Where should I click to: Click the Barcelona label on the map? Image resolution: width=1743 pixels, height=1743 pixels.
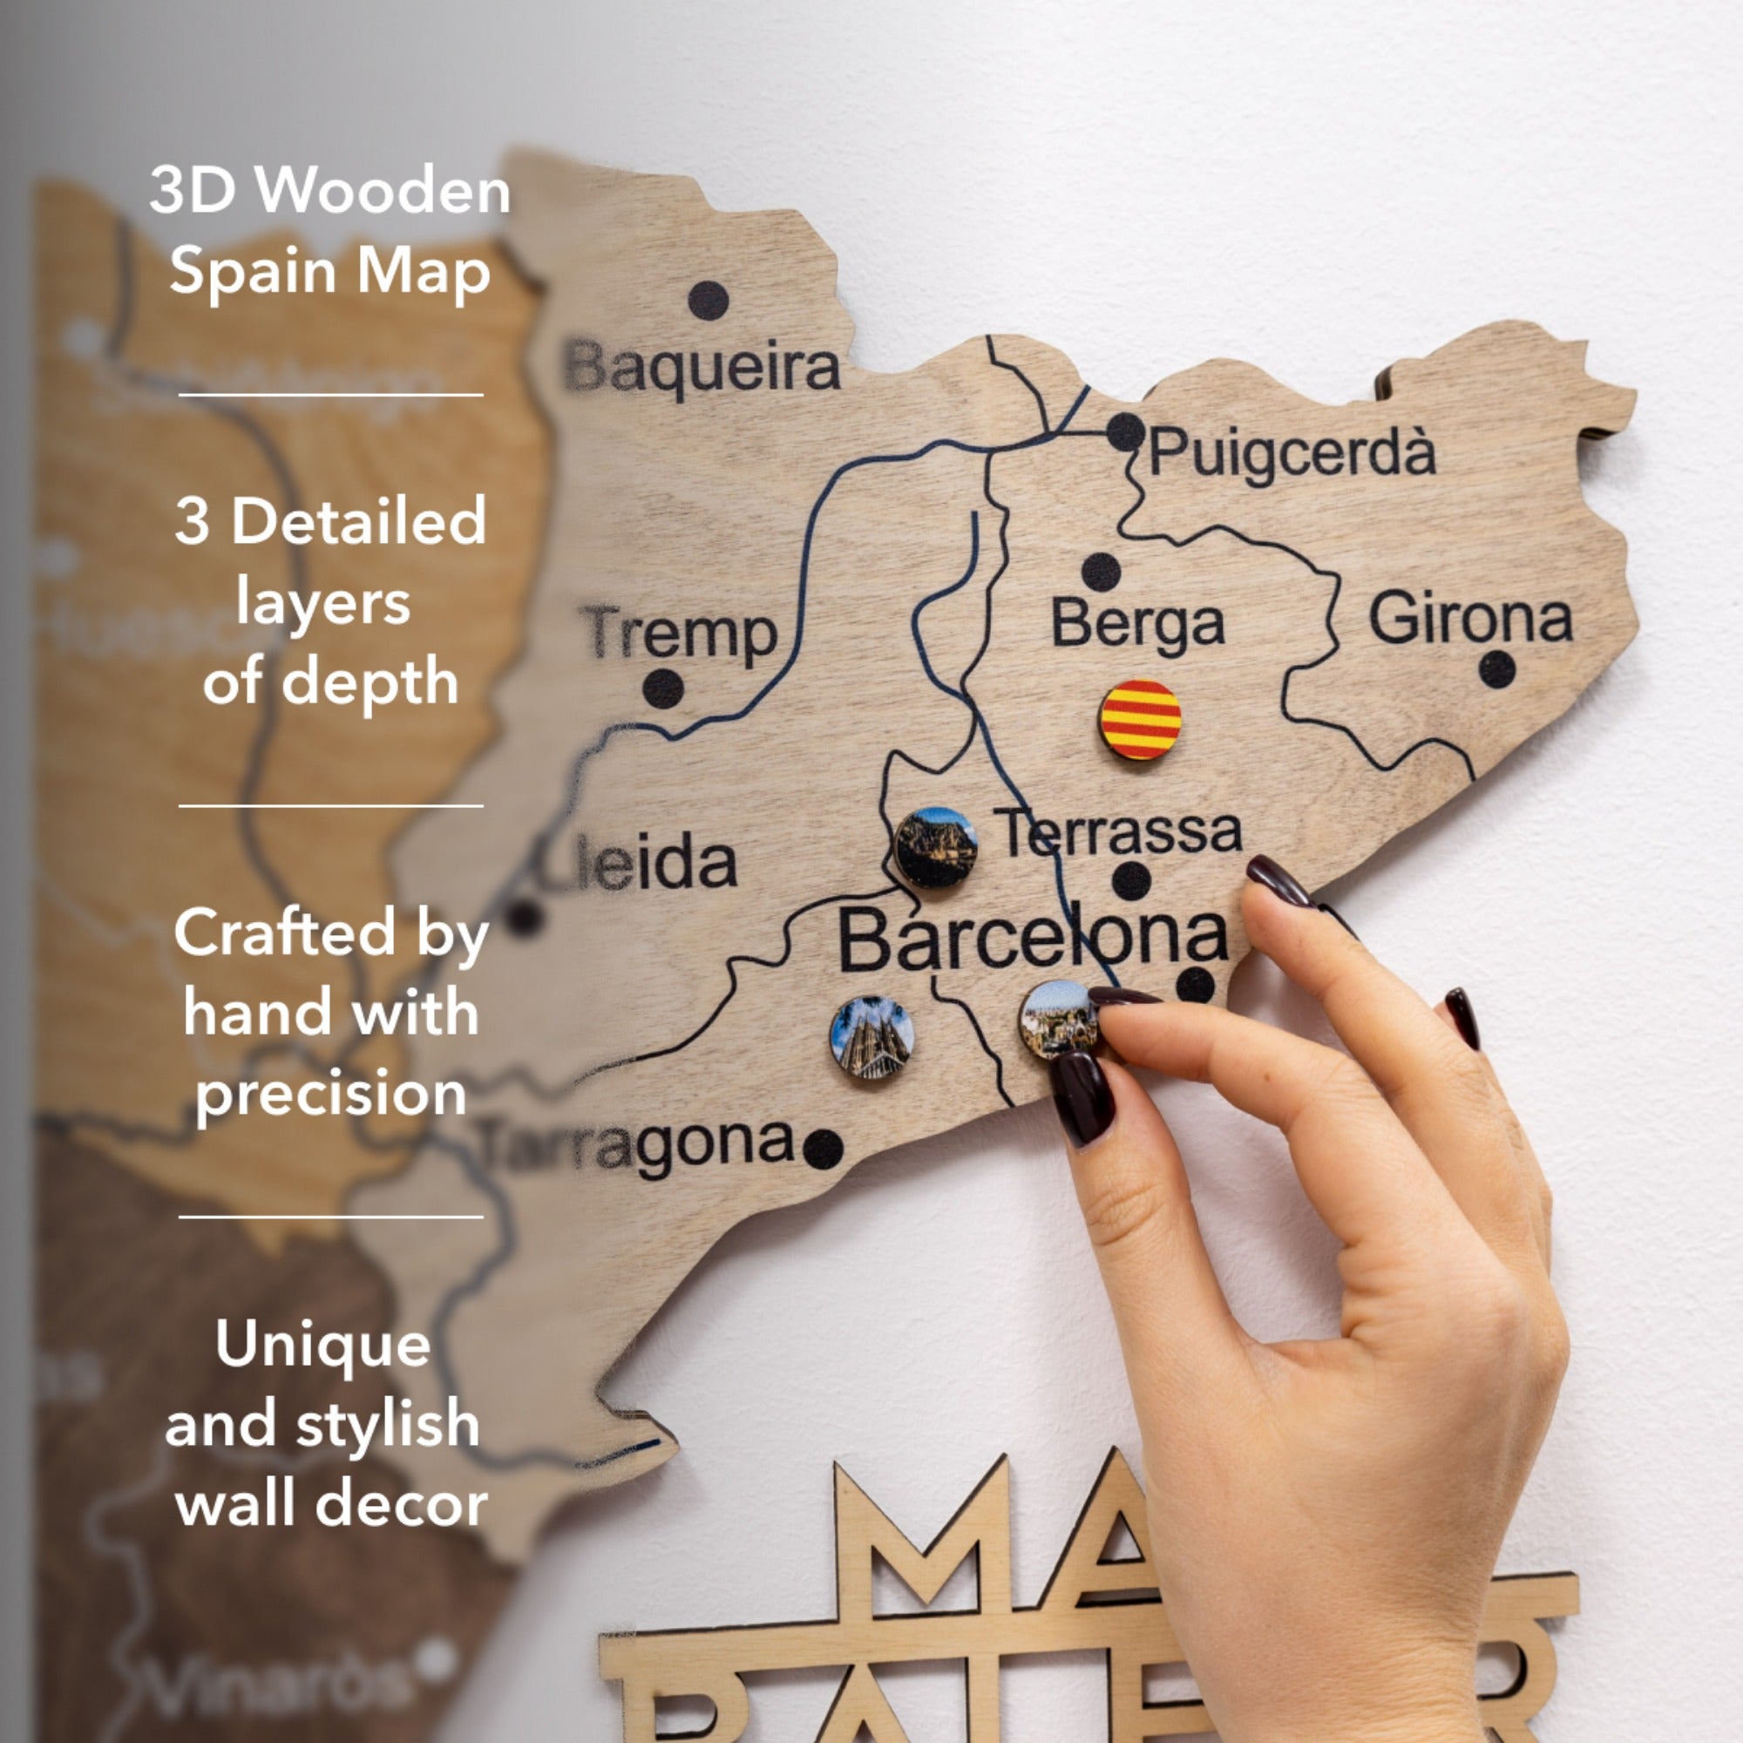[1033, 939]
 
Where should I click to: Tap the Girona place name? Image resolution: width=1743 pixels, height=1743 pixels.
[1470, 618]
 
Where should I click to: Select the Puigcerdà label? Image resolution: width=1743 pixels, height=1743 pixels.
[1292, 451]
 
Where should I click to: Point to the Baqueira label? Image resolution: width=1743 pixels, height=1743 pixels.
[702, 368]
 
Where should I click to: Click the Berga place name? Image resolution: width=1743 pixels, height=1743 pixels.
[1137, 623]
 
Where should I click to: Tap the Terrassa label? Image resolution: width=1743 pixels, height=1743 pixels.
[1119, 831]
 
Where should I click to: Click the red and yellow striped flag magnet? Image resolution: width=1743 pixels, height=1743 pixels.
[1140, 719]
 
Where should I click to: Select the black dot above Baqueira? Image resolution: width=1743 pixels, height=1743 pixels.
[709, 300]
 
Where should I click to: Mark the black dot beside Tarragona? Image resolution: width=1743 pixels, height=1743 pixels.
[823, 1149]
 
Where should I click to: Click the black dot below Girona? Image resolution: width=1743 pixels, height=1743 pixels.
[1497, 668]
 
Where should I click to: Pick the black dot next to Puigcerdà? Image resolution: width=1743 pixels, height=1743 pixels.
[1126, 432]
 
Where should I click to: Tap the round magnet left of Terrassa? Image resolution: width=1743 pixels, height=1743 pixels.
[937, 848]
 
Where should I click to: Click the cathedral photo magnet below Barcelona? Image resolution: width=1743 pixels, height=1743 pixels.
[871, 1037]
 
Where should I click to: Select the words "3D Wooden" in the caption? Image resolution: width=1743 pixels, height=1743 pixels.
[330, 190]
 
